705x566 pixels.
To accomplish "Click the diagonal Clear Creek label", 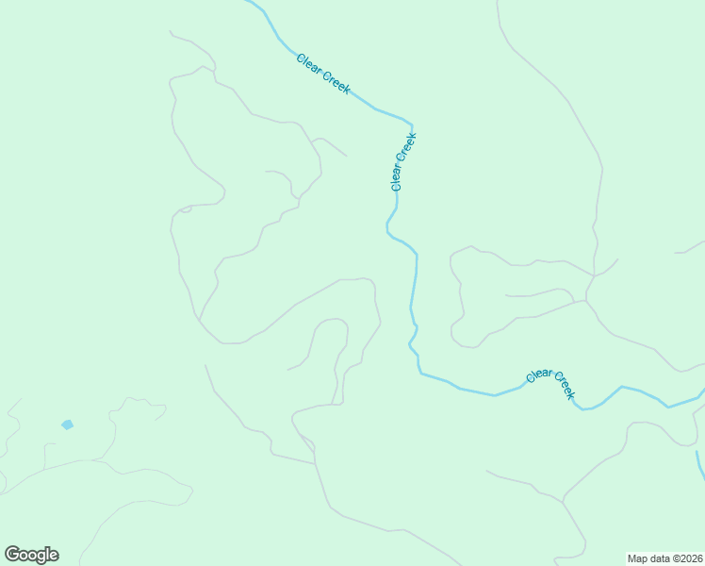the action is [323, 74].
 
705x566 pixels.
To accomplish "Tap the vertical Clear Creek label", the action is [402, 162].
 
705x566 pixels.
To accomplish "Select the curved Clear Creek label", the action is [550, 383].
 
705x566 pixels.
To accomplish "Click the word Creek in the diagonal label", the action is [336, 83].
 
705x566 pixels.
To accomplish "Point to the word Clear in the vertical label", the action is [398, 176].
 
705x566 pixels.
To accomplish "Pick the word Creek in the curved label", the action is [563, 385].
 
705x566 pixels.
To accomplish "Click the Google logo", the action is [31, 555].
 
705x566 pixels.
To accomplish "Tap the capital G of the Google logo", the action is [12, 554].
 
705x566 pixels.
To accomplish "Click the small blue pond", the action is [67, 424].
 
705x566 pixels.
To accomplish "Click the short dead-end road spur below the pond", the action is [45, 455].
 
